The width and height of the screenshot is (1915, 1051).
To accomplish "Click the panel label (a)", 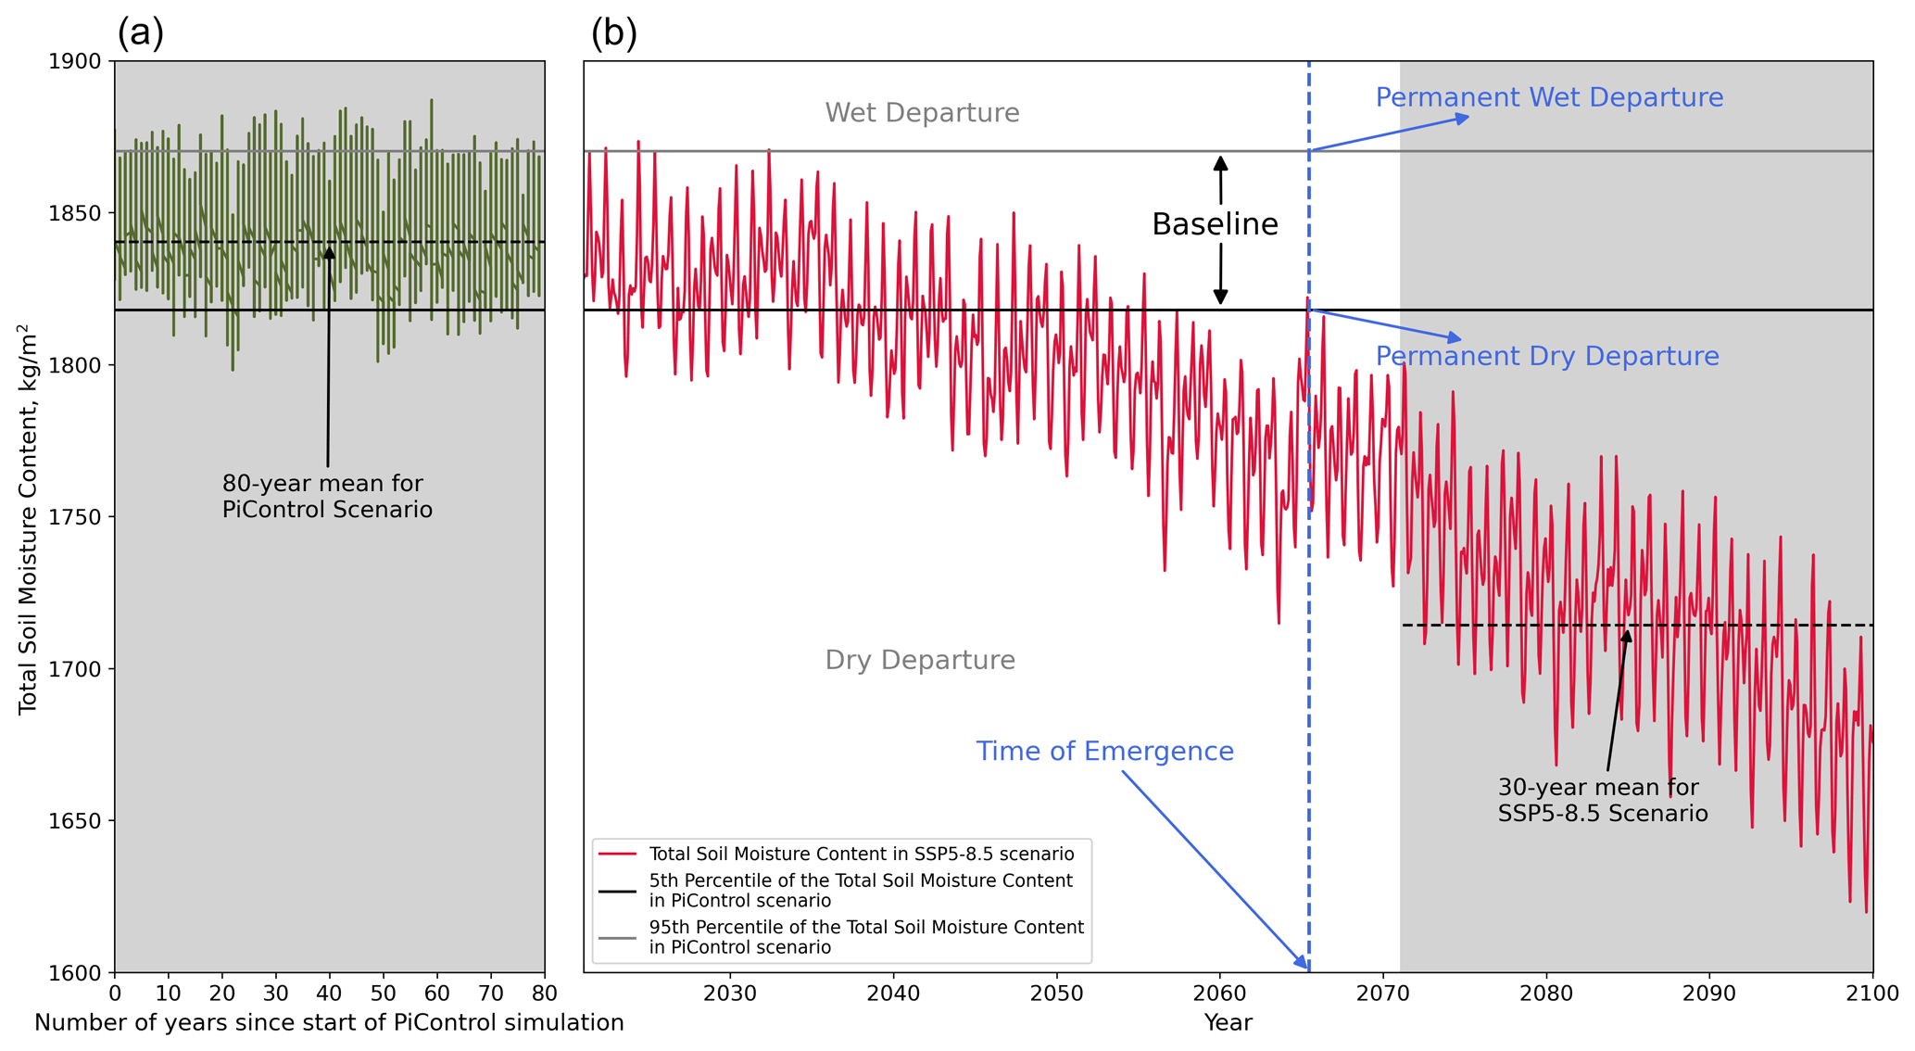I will click(141, 33).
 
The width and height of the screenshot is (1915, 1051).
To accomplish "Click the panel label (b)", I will click(614, 33).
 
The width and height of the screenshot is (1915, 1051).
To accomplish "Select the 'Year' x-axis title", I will click(1228, 1023).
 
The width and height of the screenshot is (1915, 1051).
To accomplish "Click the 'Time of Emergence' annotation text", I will click(1104, 751).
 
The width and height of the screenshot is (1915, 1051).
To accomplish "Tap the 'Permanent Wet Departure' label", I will click(1549, 97).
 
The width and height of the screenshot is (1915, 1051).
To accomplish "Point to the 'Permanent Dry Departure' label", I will click(1546, 356).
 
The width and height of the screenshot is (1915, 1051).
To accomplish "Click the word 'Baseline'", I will click(1215, 224).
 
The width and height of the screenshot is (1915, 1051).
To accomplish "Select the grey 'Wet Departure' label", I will click(922, 113).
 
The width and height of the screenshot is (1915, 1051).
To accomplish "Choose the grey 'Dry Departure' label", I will click(920, 660).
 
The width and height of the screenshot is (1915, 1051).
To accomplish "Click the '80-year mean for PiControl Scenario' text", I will click(327, 497).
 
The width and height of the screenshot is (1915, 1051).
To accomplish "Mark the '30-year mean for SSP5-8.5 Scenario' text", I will click(1603, 801).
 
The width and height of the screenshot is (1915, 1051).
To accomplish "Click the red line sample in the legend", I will click(617, 854).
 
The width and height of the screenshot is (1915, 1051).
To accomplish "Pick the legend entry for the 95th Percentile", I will click(865, 937).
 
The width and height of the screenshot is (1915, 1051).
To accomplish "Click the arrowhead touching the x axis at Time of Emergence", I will click(1304, 966).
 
